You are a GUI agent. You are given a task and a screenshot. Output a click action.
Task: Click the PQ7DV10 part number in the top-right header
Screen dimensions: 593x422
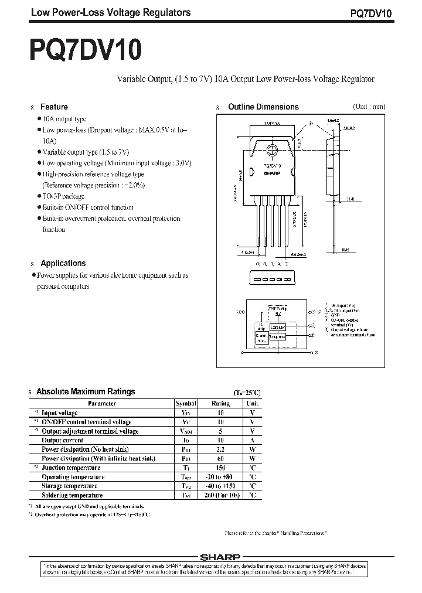coord(379,13)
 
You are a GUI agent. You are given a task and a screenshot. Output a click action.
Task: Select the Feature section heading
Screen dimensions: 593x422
coord(54,107)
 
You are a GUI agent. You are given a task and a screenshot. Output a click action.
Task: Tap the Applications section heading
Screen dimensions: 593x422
coord(63,263)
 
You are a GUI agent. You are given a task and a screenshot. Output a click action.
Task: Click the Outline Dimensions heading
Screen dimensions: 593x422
coord(263,107)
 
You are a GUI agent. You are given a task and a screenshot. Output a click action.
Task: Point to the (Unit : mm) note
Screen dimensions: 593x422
coord(369,107)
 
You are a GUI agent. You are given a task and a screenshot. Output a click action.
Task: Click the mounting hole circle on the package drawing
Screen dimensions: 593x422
coord(272,150)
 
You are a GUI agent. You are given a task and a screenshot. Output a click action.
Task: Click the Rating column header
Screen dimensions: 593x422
coord(220,403)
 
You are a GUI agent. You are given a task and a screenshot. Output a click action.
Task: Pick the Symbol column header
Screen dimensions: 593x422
coord(185,403)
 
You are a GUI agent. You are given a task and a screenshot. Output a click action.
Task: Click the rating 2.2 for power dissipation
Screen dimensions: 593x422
coord(220,449)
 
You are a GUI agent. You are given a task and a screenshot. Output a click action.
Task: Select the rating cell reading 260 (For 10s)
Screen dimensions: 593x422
coord(220,495)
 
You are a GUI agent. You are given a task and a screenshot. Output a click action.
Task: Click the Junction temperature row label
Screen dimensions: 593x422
coord(71,468)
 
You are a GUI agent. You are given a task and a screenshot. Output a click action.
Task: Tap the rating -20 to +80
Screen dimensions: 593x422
coord(220,477)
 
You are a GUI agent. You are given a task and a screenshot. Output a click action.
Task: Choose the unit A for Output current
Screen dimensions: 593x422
coord(252,440)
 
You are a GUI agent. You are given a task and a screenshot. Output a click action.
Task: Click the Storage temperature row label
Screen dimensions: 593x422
coord(69,486)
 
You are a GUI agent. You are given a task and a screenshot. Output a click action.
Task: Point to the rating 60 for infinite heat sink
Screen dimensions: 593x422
coord(220,458)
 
